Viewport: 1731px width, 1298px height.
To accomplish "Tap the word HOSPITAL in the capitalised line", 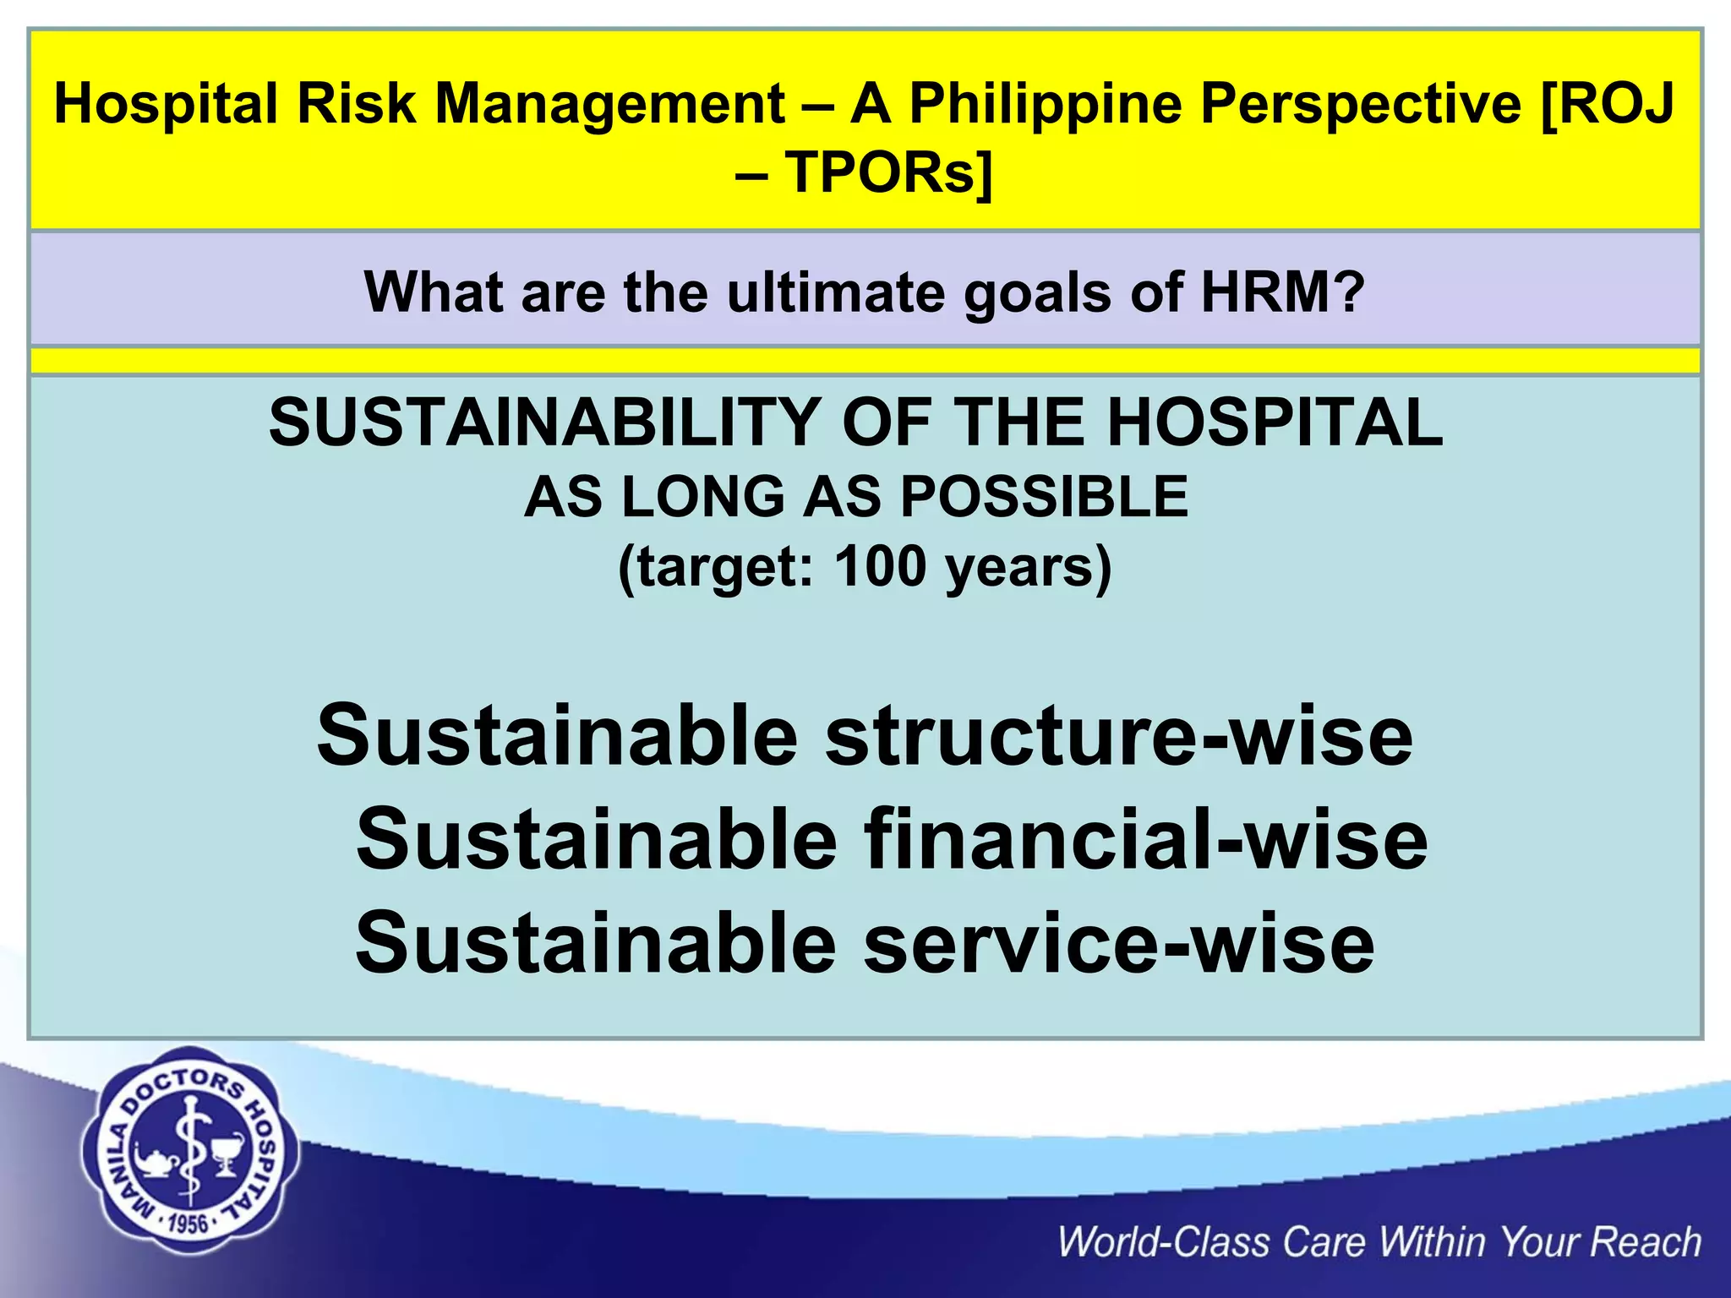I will (x=1275, y=423).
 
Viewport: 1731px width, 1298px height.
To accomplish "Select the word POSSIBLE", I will (x=1044, y=497).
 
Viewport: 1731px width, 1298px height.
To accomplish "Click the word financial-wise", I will (x=1145, y=840).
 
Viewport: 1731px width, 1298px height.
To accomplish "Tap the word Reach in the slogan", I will (x=1646, y=1242).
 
